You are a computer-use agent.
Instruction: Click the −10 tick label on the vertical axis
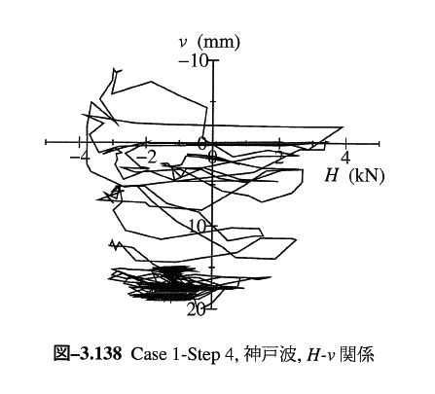point(193,61)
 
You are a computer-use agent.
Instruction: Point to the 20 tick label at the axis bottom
point(197,310)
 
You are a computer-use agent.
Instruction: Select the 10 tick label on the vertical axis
point(197,227)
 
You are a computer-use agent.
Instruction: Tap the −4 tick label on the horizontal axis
point(80,158)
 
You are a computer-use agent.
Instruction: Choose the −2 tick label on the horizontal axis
point(147,158)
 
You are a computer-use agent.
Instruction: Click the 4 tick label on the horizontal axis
point(345,158)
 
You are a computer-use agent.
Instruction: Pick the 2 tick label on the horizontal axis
point(281,158)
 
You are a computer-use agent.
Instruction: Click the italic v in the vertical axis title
point(183,43)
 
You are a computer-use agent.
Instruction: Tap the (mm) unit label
point(220,43)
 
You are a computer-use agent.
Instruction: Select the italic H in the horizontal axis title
point(332,176)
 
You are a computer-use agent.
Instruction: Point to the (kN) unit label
point(367,176)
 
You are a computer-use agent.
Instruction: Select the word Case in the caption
point(147,354)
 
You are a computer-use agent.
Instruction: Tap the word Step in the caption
point(205,355)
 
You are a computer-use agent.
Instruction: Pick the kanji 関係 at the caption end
point(356,354)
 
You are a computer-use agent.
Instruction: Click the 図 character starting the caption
point(61,354)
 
